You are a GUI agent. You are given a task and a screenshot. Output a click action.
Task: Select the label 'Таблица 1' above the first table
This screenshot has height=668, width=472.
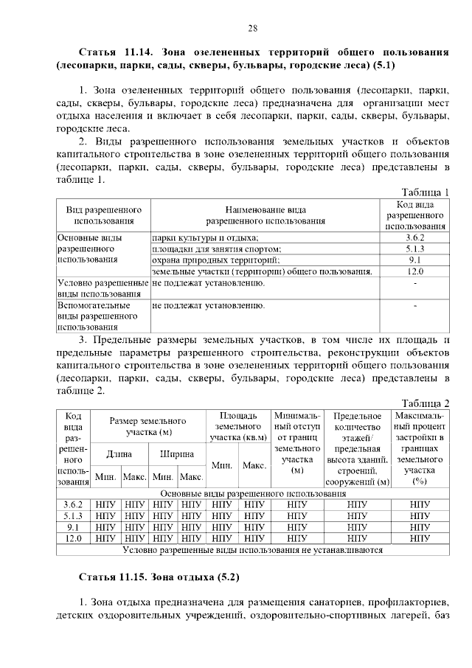click(x=426, y=192)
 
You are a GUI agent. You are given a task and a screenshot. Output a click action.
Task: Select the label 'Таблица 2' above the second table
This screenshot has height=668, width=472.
click(x=426, y=402)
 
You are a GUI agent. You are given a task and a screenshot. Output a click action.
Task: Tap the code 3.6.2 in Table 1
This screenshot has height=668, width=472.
click(x=414, y=238)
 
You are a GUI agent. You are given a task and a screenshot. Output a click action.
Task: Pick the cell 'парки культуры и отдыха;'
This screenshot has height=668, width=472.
click(x=205, y=238)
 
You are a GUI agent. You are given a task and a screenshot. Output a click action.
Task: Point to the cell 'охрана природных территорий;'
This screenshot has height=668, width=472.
click(x=215, y=260)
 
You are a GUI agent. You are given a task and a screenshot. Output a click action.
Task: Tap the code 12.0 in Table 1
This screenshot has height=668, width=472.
click(x=414, y=271)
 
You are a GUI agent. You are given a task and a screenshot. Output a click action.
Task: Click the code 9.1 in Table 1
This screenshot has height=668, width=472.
click(x=414, y=260)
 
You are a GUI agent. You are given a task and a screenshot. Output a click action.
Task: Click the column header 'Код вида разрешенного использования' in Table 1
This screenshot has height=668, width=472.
click(x=414, y=215)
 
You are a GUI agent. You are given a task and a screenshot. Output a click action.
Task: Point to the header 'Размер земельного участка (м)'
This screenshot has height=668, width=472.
click(x=148, y=425)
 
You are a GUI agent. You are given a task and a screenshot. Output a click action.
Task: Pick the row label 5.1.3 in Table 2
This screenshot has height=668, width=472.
click(x=73, y=516)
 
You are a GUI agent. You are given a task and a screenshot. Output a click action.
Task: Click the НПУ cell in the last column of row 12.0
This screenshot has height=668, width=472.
click(x=420, y=538)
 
